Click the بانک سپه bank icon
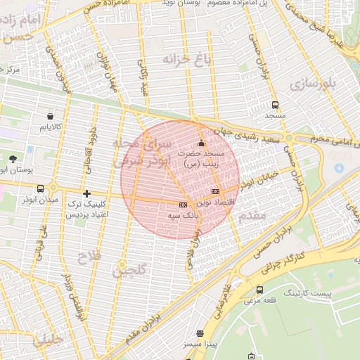tap(183, 205)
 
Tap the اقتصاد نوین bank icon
tap(215, 192)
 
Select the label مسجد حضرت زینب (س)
tap(204, 158)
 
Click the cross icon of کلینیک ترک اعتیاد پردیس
tap(86, 193)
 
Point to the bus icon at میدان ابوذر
tap(40, 188)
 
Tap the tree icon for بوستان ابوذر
tap(13, 159)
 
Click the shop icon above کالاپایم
tap(50, 116)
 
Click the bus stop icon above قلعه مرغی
tap(260, 290)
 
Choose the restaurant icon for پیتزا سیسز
tap(200, 333)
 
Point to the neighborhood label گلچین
tap(132, 269)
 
